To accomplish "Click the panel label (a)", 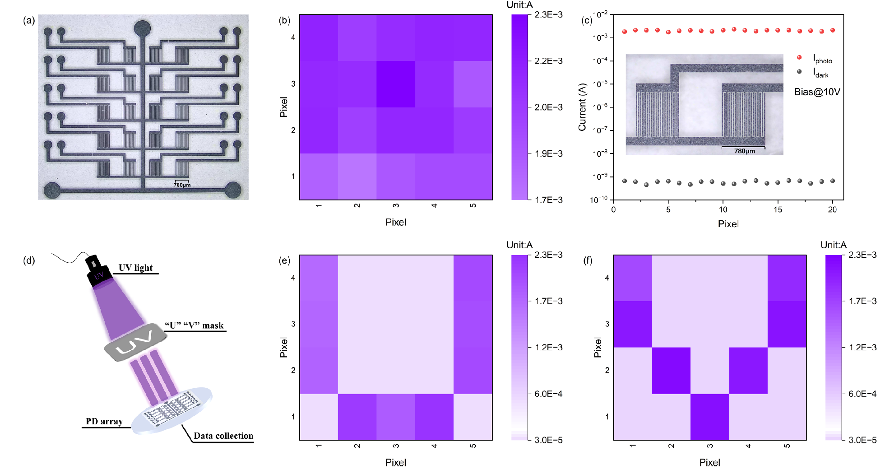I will click(x=29, y=20).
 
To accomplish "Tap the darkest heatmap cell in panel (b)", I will click(x=396, y=84).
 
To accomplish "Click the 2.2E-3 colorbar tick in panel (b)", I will click(x=548, y=61).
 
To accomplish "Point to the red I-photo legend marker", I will click(x=799, y=57).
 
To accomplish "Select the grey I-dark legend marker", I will click(x=799, y=71).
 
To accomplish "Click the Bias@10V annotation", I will click(x=817, y=92).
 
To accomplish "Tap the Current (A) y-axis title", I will click(x=582, y=107).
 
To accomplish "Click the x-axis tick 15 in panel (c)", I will click(x=778, y=209).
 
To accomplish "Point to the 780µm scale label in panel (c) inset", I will click(x=744, y=151).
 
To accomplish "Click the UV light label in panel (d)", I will click(x=135, y=268).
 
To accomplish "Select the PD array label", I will click(x=104, y=421).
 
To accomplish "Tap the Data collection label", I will click(x=223, y=436).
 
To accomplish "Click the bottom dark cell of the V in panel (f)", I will click(x=709, y=417).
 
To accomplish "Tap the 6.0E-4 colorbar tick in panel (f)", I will click(x=862, y=394).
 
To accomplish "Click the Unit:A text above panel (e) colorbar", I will click(x=519, y=245).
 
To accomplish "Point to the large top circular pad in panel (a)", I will click(x=143, y=28).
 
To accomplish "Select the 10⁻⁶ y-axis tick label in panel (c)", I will click(x=600, y=107).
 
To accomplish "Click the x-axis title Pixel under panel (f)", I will click(x=709, y=463).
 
